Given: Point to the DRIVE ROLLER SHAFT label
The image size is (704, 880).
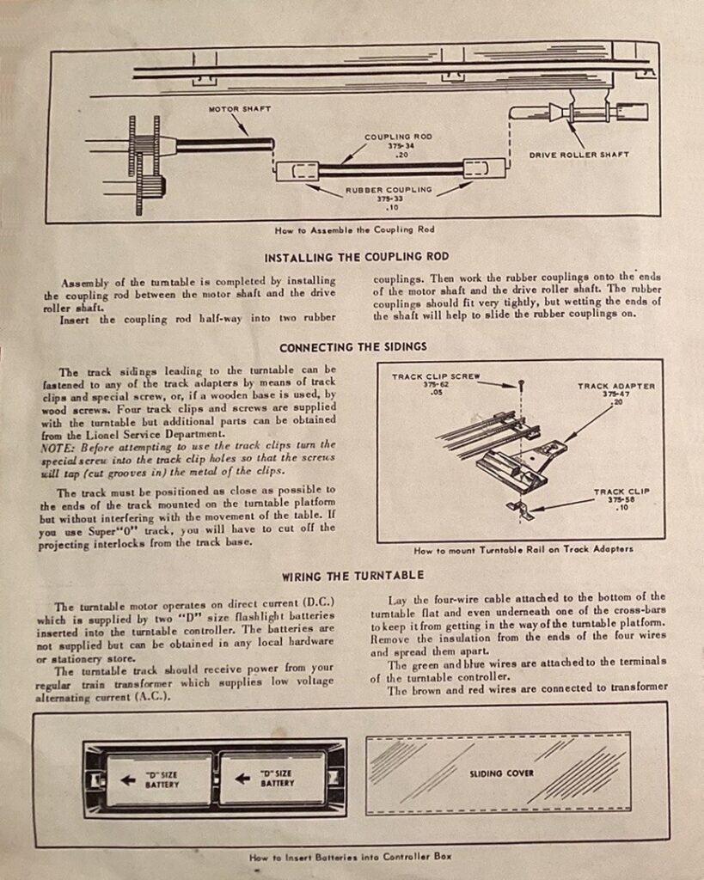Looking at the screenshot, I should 579,155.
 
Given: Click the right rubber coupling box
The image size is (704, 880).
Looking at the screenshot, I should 484,168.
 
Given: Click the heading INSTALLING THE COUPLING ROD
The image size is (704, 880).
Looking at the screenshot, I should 357,257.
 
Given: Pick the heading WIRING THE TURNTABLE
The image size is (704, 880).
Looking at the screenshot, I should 352,575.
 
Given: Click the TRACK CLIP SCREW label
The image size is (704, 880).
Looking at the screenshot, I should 436,376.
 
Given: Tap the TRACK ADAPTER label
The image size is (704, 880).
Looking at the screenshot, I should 615,386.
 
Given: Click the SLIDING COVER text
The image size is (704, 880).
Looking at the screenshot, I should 500,773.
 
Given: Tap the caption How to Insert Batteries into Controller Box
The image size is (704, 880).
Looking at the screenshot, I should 350,857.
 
